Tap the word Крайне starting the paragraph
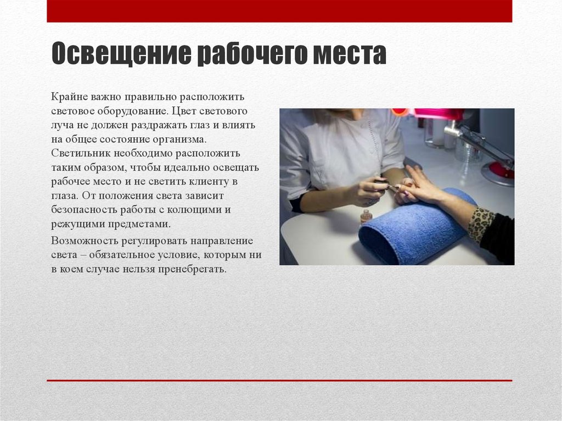(x=68, y=97)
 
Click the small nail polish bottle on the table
(x=366, y=215)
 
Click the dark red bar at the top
(x=279, y=11)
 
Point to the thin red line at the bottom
(x=279, y=380)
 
